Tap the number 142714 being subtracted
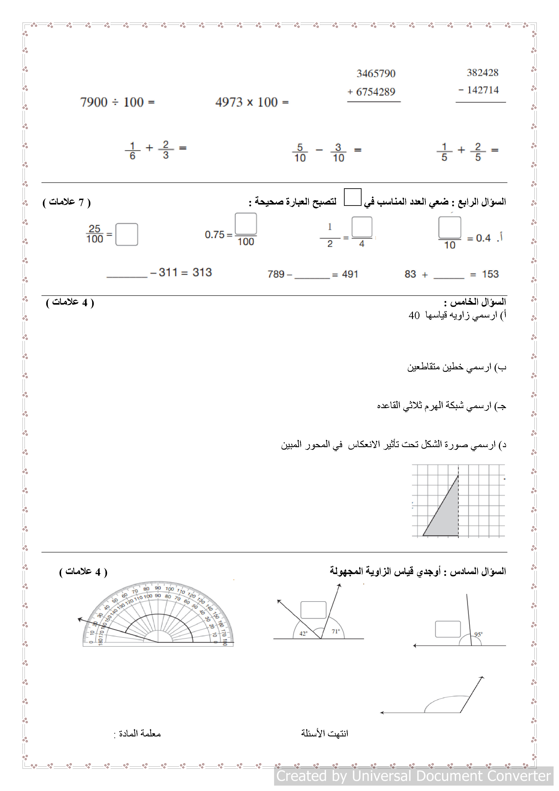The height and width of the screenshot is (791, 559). coord(483,90)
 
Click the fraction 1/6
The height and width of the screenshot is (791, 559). coord(133,151)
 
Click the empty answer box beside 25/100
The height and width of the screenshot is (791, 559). coord(126,234)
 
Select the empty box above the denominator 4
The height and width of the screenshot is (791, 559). coord(362,227)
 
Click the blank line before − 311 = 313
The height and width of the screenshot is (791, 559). coord(127,274)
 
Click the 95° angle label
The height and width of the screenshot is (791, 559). coord(478,634)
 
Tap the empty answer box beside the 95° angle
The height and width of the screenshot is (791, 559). coord(448,629)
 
